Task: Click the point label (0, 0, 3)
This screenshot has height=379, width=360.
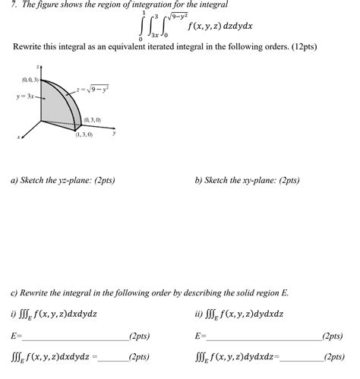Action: click(31, 79)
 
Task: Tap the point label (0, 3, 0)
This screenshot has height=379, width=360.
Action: click(94, 120)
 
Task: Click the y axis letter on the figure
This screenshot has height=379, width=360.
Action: click(113, 133)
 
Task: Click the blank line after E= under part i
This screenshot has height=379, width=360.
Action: click(75, 337)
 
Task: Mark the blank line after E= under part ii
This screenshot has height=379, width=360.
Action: click(263, 337)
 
